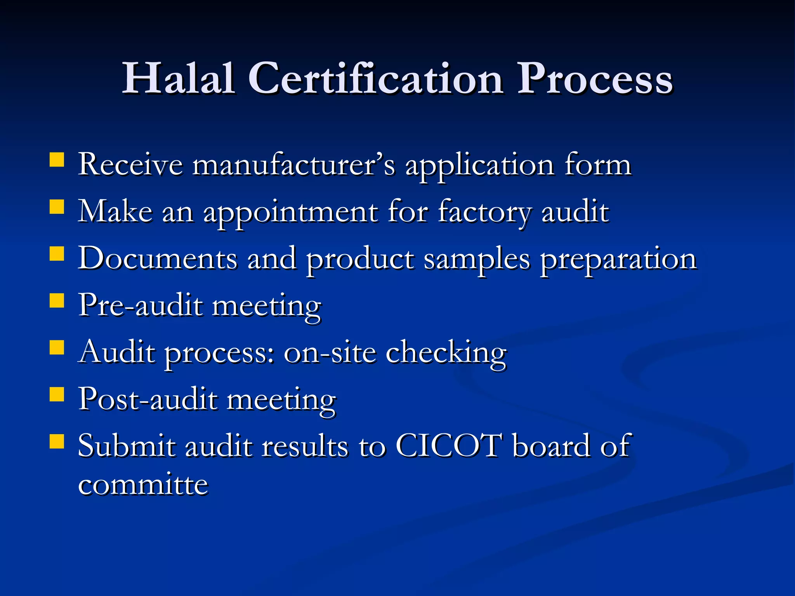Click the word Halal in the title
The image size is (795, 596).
pyautogui.click(x=178, y=79)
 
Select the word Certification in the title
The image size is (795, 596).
pyautogui.click(x=375, y=79)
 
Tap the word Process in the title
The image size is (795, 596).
pyautogui.click(x=595, y=79)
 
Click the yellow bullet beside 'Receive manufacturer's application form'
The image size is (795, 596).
pyautogui.click(x=57, y=159)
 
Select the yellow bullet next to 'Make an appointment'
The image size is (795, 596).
pyautogui.click(x=57, y=207)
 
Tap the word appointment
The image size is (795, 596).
pyautogui.click(x=291, y=213)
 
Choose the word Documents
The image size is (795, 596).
pyautogui.click(x=158, y=259)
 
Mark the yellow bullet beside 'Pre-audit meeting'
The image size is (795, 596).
pyautogui.click(x=57, y=300)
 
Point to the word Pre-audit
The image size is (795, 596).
pyautogui.click(x=141, y=306)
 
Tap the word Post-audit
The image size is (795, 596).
pyautogui.click(x=148, y=400)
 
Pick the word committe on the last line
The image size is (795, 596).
pyautogui.click(x=143, y=485)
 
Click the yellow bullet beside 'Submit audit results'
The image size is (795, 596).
pyautogui.click(x=57, y=441)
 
